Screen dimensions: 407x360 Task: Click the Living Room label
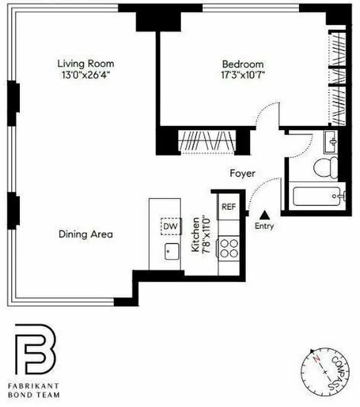click(x=85, y=64)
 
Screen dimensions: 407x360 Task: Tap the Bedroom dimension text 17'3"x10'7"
click(x=243, y=75)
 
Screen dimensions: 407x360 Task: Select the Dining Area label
click(x=86, y=235)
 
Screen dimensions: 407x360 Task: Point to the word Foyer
click(x=242, y=173)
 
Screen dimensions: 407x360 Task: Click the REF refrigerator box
click(x=229, y=207)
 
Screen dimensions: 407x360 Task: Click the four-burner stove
click(x=229, y=249)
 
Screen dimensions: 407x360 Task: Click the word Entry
click(x=264, y=226)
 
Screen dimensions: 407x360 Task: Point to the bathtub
click(x=319, y=196)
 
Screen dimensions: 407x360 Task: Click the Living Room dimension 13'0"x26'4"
click(x=85, y=75)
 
